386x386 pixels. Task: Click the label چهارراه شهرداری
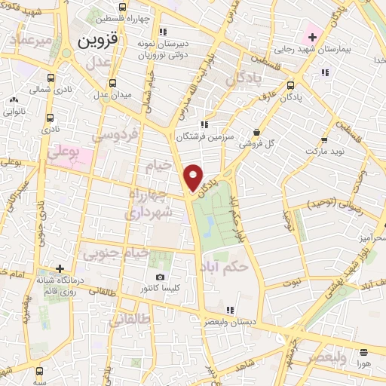click(x=149, y=203)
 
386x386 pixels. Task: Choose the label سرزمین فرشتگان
click(x=201, y=137)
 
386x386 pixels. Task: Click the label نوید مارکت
click(x=323, y=152)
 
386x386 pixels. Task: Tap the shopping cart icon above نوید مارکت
click(x=323, y=140)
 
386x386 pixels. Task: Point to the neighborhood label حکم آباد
click(x=225, y=267)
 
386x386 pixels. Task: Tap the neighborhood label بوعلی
click(x=66, y=154)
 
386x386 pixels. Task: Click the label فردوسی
click(x=115, y=136)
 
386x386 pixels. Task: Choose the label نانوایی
click(x=14, y=111)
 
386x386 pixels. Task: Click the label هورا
click(x=364, y=363)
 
